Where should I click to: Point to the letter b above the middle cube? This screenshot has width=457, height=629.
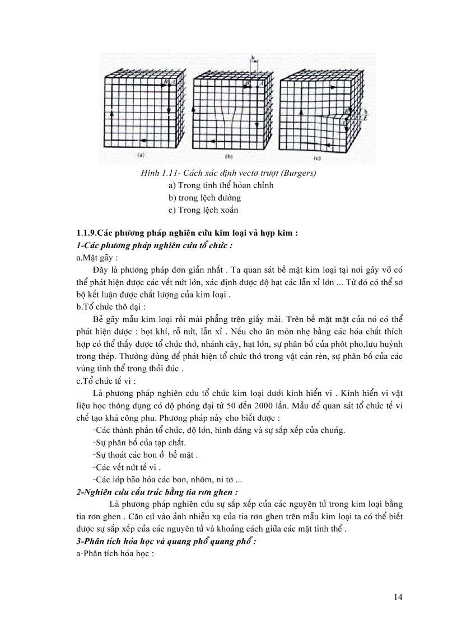(x=253, y=58)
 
